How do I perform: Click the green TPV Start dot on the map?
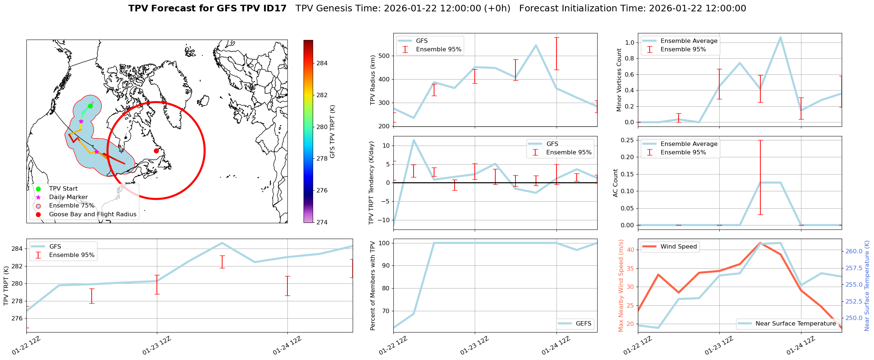coord(90,106)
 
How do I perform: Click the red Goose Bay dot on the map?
coord(156,151)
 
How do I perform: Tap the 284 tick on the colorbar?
coord(322,63)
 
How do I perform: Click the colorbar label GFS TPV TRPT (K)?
coord(333,132)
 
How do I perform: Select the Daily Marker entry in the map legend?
coord(68,197)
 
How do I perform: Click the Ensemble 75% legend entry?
coord(71,206)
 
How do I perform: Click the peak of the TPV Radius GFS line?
coord(536,45)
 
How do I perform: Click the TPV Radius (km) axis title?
coord(373,80)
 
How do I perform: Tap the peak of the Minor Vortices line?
coord(781,37)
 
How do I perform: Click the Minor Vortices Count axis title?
coord(619,80)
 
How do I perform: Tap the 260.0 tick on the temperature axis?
coord(854,251)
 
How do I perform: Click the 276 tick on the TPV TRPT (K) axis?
coord(18,318)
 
